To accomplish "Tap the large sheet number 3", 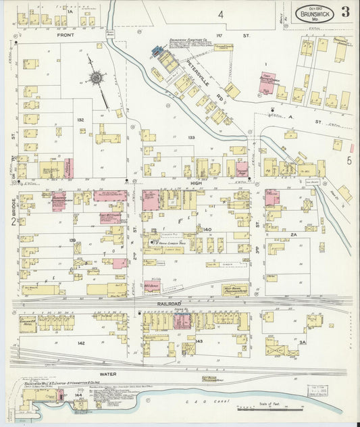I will point(344,11).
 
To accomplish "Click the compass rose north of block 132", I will point(97,78).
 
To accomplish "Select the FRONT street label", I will point(66,34).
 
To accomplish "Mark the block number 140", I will point(207,230).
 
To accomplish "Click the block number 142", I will point(81,343).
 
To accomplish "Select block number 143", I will point(199,341).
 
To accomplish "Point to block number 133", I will point(191,137).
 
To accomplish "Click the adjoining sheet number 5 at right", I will point(349,160).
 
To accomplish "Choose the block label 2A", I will point(293,234).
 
